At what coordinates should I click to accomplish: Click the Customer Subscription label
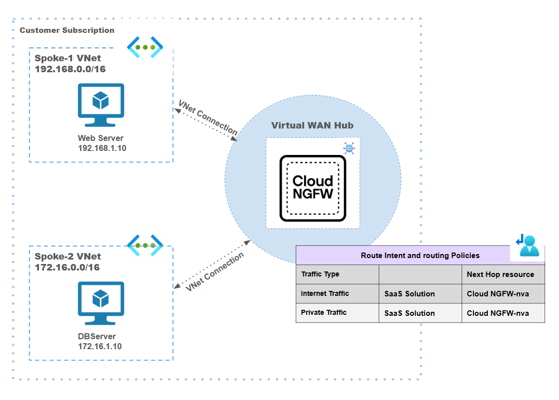click(67, 30)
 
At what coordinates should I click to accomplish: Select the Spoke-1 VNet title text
click(68, 58)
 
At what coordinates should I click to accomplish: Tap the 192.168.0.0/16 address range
click(70, 69)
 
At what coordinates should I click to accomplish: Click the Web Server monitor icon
click(101, 105)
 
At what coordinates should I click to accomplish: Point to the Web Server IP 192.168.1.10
click(102, 148)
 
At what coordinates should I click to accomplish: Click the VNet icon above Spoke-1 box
click(145, 47)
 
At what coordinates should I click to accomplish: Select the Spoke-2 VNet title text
click(68, 257)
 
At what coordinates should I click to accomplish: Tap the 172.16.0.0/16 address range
click(67, 267)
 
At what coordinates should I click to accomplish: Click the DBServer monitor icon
click(101, 303)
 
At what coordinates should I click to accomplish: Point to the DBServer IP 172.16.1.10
click(100, 346)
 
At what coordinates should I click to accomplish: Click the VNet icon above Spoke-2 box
click(145, 245)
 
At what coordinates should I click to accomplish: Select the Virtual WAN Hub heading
click(312, 125)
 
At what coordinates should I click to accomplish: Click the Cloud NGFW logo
click(313, 188)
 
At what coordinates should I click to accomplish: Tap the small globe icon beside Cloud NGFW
click(349, 148)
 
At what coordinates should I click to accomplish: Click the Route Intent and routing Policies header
click(420, 256)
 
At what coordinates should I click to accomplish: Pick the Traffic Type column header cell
click(337, 274)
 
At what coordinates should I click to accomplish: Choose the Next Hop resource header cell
click(503, 274)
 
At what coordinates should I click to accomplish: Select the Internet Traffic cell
click(337, 294)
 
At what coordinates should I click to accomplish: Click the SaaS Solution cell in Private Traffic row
click(420, 313)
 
